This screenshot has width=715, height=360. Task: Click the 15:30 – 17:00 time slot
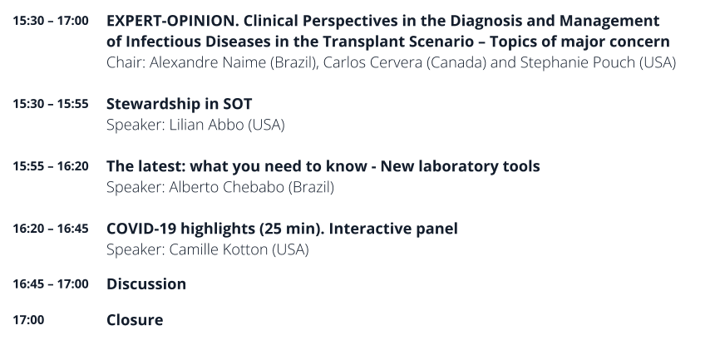click(x=51, y=21)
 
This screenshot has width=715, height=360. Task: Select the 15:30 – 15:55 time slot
click(x=51, y=104)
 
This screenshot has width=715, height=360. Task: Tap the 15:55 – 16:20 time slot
click(x=51, y=166)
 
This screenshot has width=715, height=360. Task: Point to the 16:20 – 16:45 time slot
click(x=51, y=228)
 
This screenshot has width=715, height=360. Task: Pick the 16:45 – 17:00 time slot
click(x=51, y=284)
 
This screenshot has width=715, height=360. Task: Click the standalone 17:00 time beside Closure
click(x=28, y=319)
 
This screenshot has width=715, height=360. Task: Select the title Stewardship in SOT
click(x=180, y=104)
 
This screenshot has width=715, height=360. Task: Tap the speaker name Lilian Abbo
click(x=206, y=125)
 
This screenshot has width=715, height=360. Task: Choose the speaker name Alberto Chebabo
click(x=227, y=187)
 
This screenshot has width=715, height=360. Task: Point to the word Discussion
click(x=146, y=284)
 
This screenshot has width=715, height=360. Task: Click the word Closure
click(x=135, y=320)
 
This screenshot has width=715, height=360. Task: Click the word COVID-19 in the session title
click(x=141, y=229)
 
